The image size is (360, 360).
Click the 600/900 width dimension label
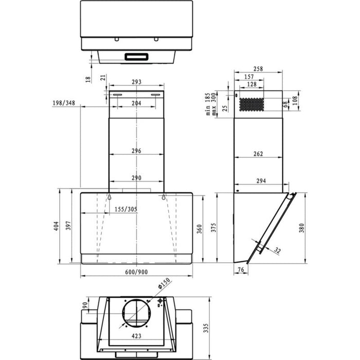coord(136,272)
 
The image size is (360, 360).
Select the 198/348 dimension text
coord(64,103)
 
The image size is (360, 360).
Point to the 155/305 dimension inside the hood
coord(125,209)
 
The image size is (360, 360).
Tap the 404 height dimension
coord(57,226)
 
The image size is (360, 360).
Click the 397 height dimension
coord(68,226)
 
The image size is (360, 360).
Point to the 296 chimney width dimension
coord(136,151)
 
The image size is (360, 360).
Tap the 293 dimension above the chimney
coord(136,82)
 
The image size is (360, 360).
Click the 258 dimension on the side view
coord(258,69)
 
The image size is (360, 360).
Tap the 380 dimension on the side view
coord(302,227)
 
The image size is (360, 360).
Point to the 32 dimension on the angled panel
coord(278,250)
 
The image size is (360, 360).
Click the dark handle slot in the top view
coord(136,57)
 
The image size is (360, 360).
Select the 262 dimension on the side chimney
coord(258,154)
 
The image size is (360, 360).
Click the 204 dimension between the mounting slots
coord(136,103)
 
